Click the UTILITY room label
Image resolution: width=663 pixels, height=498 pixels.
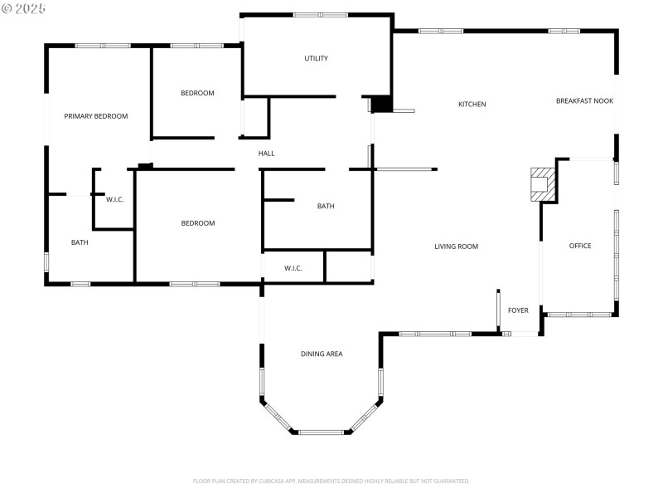point(316,58)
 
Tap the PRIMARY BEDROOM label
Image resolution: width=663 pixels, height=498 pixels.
point(96,116)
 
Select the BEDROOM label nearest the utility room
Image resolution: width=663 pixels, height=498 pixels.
point(197,93)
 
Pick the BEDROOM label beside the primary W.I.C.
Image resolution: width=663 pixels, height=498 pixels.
point(198,223)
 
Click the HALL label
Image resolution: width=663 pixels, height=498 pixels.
point(266,154)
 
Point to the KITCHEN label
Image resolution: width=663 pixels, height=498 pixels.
point(472,105)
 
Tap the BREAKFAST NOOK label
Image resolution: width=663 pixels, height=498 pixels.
point(584,101)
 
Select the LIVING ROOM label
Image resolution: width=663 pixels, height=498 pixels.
point(457,247)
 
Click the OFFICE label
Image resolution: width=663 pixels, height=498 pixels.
point(580,246)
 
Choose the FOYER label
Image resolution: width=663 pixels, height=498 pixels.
point(518,310)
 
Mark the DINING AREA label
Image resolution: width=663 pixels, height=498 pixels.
point(322,354)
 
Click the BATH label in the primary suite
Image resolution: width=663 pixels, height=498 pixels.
point(80,243)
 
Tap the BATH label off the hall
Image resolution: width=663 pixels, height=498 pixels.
point(326,207)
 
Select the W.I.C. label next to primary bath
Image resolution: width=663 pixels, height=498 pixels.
point(115,200)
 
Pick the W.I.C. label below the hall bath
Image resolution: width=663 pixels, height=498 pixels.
point(293,268)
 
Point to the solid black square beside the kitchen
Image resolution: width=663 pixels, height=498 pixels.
point(381,104)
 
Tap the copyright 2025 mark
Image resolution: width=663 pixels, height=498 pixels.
point(24,8)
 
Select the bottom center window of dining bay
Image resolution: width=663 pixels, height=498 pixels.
point(322,432)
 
